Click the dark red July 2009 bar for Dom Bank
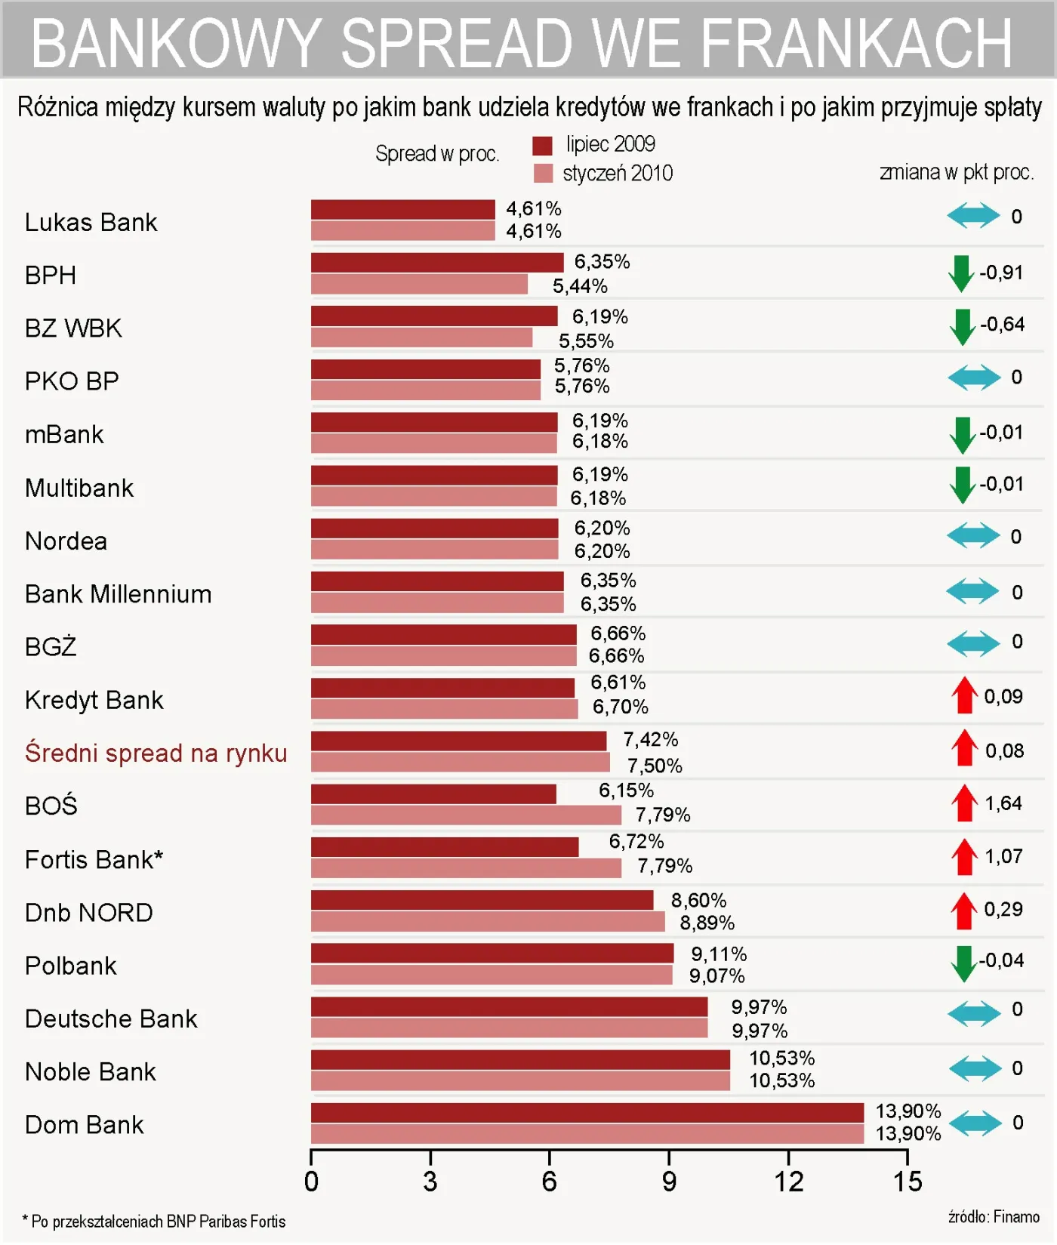(587, 1112)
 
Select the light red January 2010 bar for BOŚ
(466, 815)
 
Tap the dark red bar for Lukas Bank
(402, 209)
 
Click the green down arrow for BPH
(961, 273)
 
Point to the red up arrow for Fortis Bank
(964, 857)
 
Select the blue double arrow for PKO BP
(974, 378)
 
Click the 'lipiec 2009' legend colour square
(542, 145)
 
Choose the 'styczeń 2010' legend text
(618, 174)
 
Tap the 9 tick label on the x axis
(669, 1182)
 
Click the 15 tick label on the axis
(908, 1182)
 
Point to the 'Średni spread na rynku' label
(156, 753)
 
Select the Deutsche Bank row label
(111, 1019)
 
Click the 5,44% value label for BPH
(580, 286)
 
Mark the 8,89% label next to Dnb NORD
(707, 923)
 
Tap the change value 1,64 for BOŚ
(1003, 803)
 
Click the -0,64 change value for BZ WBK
(1003, 325)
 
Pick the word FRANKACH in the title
(856, 43)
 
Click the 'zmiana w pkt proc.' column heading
(957, 172)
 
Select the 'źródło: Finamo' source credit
(994, 1217)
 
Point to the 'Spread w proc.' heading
(437, 154)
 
